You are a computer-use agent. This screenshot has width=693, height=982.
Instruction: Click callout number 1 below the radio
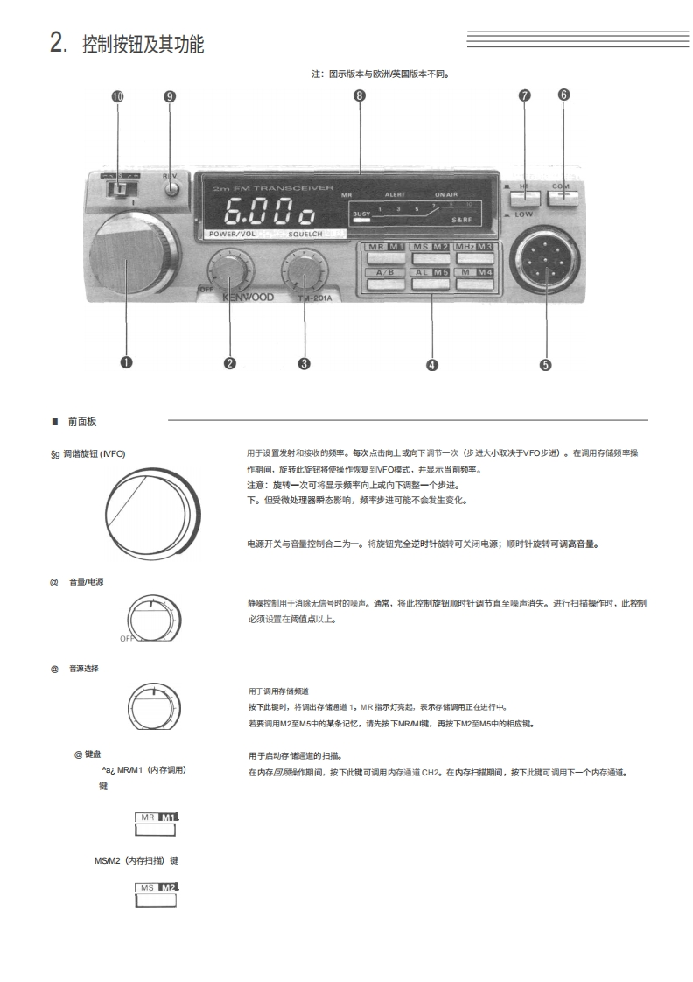(x=126, y=363)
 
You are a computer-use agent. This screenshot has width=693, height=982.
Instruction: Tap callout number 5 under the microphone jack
(x=546, y=365)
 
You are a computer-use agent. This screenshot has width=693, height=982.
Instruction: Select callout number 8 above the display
(x=360, y=96)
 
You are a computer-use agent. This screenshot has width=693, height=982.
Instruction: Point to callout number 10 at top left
(x=117, y=96)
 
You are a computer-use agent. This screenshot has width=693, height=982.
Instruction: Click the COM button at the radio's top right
(x=563, y=193)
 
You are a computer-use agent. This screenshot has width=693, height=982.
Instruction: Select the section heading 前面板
(x=82, y=422)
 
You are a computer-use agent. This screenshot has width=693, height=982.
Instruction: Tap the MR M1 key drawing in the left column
(x=157, y=822)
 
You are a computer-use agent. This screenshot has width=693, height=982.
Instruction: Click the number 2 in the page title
(x=57, y=43)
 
